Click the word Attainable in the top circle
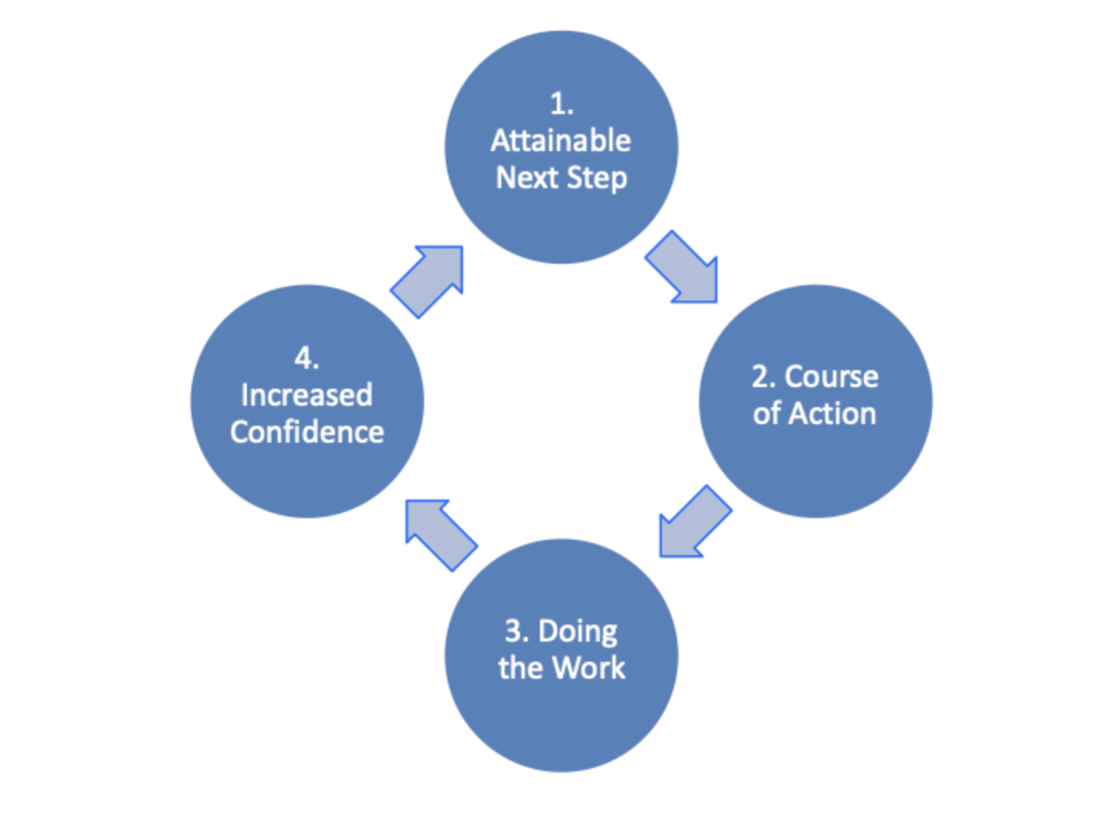pos(561,141)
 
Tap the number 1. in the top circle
pos(561,104)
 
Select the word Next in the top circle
pos(527,178)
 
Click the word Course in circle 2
pos(831,377)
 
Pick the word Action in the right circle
pos(836,414)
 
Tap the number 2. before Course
pos(763,377)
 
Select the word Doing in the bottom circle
pos(578,632)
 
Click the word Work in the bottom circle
pos(589,668)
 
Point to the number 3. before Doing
pos(516,632)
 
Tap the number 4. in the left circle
pos(306,359)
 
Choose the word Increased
pos(306,396)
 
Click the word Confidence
pos(306,433)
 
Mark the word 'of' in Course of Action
pos(767,414)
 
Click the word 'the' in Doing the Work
pos(521,668)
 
